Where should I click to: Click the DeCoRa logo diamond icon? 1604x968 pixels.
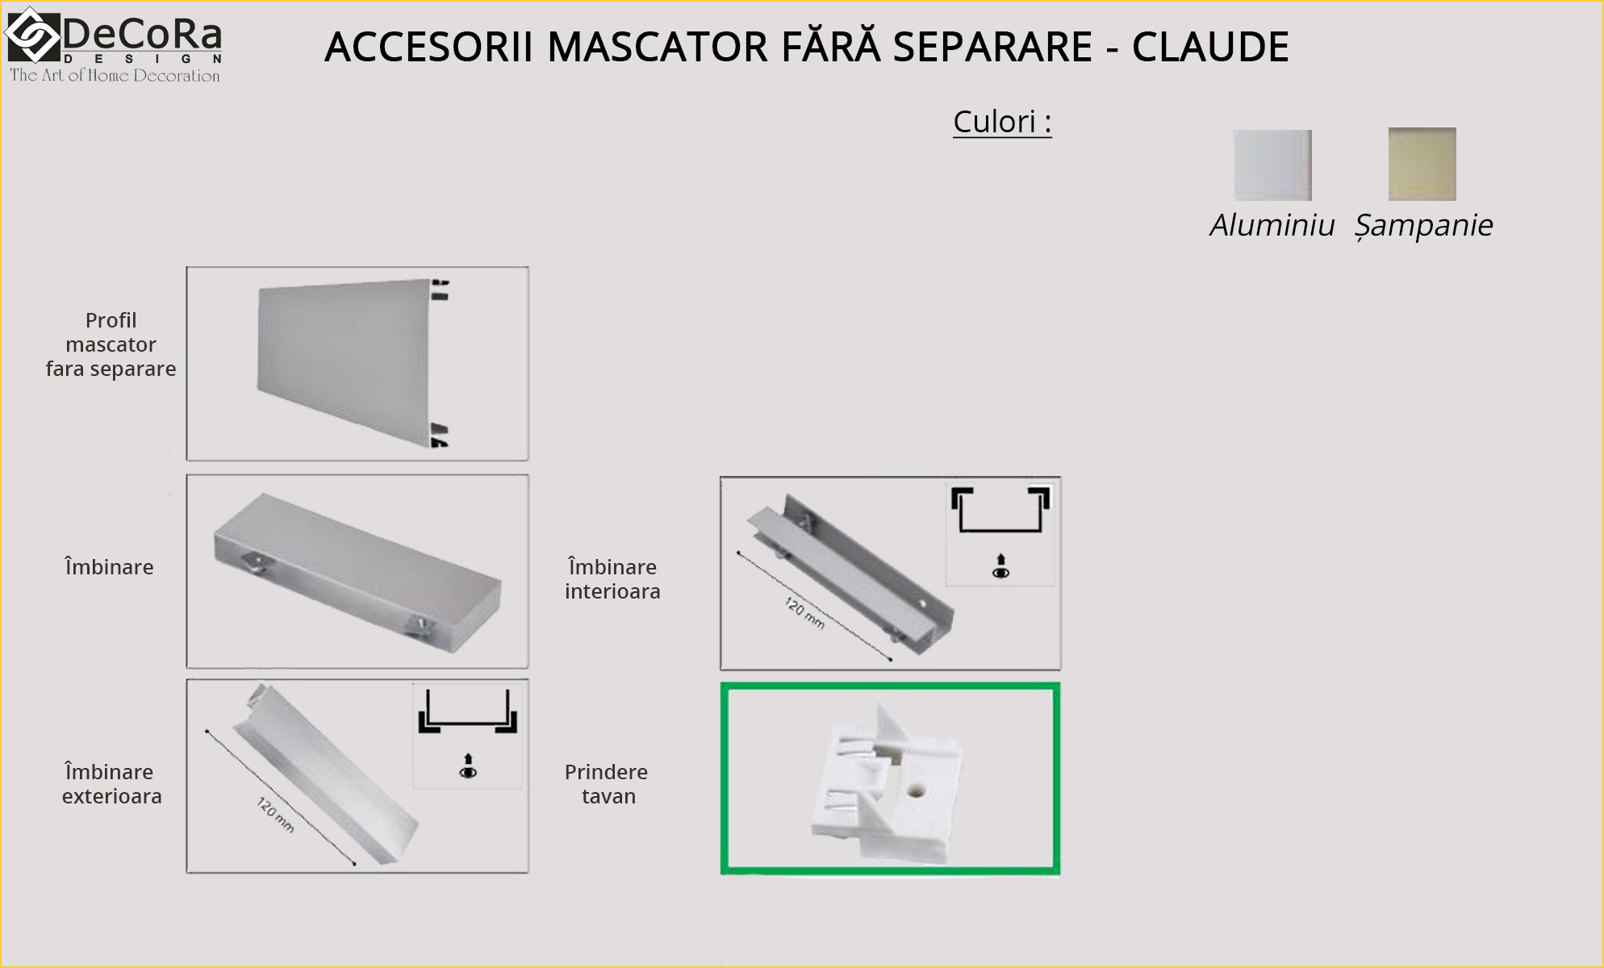(33, 35)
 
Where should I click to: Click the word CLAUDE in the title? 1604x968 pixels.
(1210, 47)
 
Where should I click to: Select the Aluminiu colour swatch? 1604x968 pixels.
(1272, 165)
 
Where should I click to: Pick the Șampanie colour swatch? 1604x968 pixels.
(1422, 164)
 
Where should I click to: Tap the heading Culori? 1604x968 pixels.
(1002, 122)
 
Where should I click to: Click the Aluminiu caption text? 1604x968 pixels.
(1272, 224)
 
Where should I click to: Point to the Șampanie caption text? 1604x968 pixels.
(1424, 225)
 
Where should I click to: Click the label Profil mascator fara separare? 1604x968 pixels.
(111, 344)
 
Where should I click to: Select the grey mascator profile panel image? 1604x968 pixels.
(353, 363)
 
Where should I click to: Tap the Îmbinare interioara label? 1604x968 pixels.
(612, 579)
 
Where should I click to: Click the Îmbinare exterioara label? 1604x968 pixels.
(111, 784)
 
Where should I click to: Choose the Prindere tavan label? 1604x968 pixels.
(607, 784)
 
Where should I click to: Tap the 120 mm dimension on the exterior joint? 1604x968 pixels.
(275, 815)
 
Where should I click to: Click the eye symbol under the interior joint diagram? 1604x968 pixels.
(1001, 573)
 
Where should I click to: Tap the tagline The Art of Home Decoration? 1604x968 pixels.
(115, 76)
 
